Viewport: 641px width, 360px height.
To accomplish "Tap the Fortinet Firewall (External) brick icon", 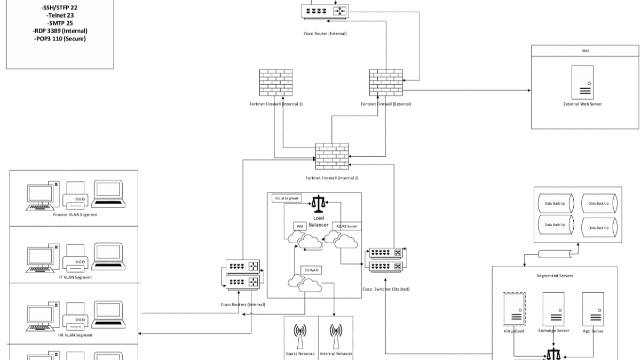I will (386, 83).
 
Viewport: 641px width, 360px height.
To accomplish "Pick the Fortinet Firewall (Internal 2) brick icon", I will (332, 156).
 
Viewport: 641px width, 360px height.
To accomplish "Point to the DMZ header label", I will (585, 51).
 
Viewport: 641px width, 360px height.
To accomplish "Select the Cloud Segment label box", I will (286, 198).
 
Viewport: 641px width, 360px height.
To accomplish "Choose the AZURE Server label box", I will (346, 227).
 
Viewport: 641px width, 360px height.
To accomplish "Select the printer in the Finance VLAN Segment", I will (75, 194).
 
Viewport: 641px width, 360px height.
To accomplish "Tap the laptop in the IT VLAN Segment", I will (108, 255).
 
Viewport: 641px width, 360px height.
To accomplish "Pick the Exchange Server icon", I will (553, 309).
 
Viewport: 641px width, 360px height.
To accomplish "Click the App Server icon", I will (593, 309).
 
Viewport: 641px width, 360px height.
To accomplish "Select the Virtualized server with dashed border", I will (513, 309).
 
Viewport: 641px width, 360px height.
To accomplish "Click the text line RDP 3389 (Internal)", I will (60, 31).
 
